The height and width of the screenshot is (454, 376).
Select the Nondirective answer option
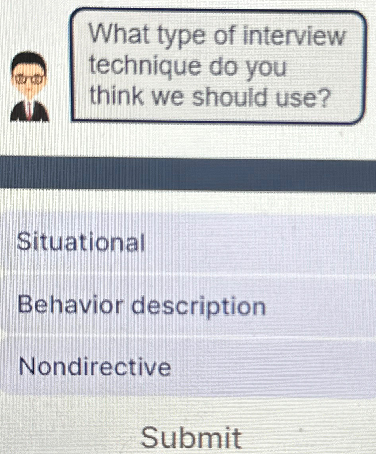95,367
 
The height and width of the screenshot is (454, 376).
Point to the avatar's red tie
29,108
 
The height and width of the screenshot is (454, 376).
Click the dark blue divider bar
188,174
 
